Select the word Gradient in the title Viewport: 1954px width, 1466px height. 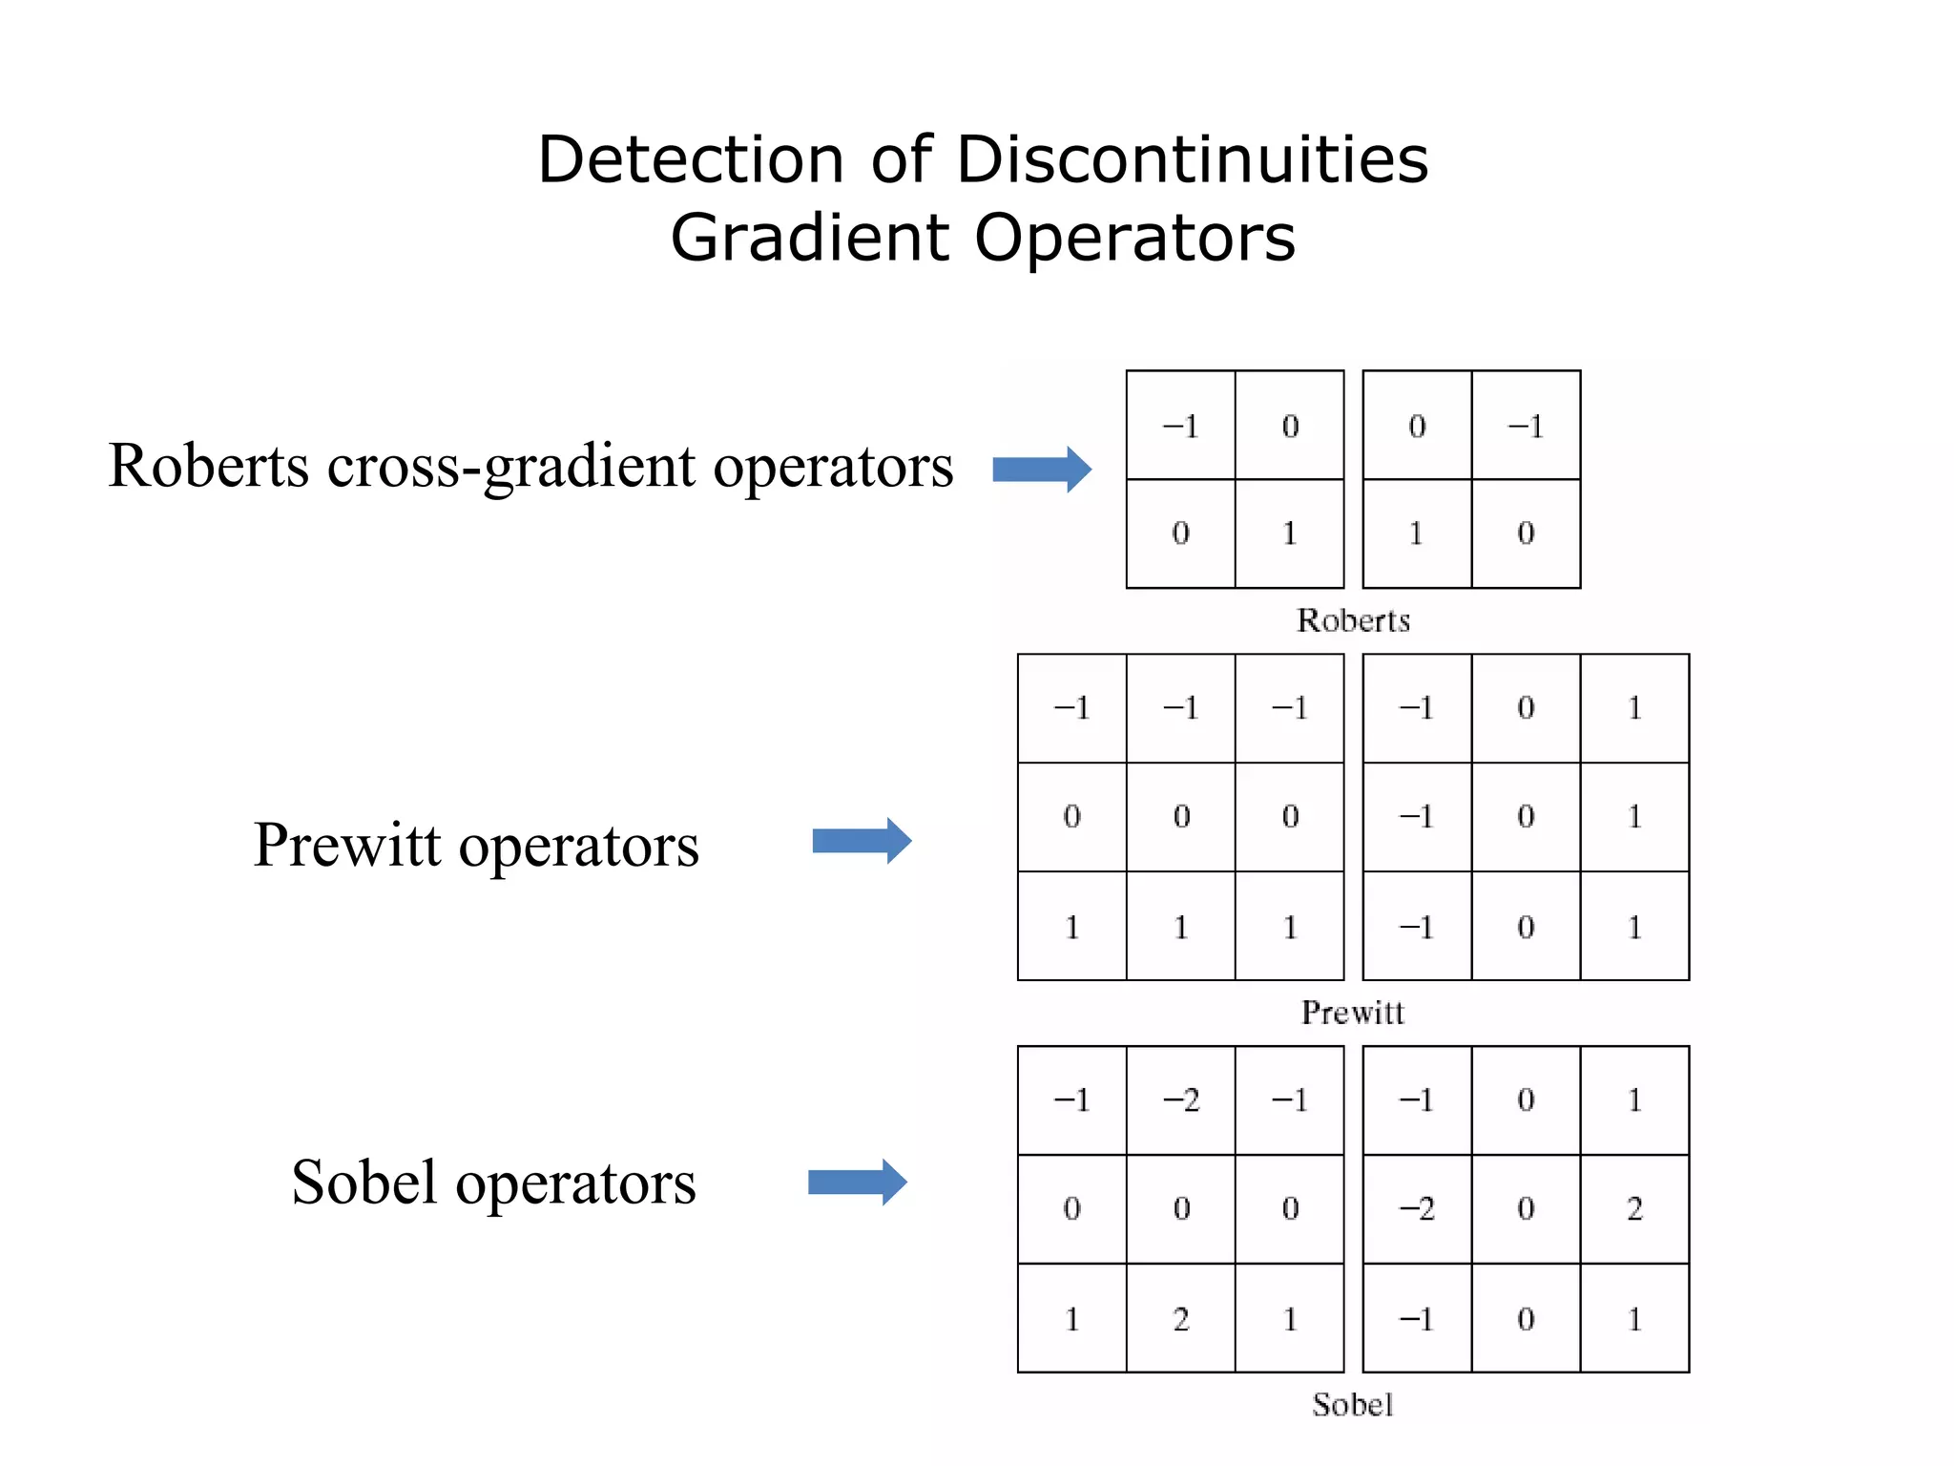pos(810,238)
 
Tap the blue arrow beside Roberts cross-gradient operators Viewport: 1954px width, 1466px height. pos(1041,469)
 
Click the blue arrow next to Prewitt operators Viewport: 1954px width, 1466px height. pos(862,841)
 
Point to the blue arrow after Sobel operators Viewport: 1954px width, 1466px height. pos(857,1183)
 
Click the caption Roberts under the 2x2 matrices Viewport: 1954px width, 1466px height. pos(1353,620)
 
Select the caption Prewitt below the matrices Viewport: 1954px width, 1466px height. pos(1353,1012)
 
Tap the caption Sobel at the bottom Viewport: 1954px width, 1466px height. pos(1352,1404)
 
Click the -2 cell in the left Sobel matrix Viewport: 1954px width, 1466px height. pos(1181,1100)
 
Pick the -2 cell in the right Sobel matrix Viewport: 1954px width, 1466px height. pos(1417,1209)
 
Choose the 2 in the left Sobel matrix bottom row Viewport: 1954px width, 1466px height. pos(1181,1319)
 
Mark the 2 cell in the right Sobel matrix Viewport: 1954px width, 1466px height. pos(1634,1209)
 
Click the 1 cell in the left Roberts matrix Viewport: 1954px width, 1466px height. pos(1290,534)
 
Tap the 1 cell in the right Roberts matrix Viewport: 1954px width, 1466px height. pos(1417,534)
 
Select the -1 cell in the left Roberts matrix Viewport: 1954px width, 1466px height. pos(1181,426)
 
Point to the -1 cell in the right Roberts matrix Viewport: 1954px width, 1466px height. pos(1526,426)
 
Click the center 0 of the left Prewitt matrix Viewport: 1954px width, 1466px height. pos(1181,817)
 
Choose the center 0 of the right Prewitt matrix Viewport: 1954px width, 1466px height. pos(1526,817)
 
